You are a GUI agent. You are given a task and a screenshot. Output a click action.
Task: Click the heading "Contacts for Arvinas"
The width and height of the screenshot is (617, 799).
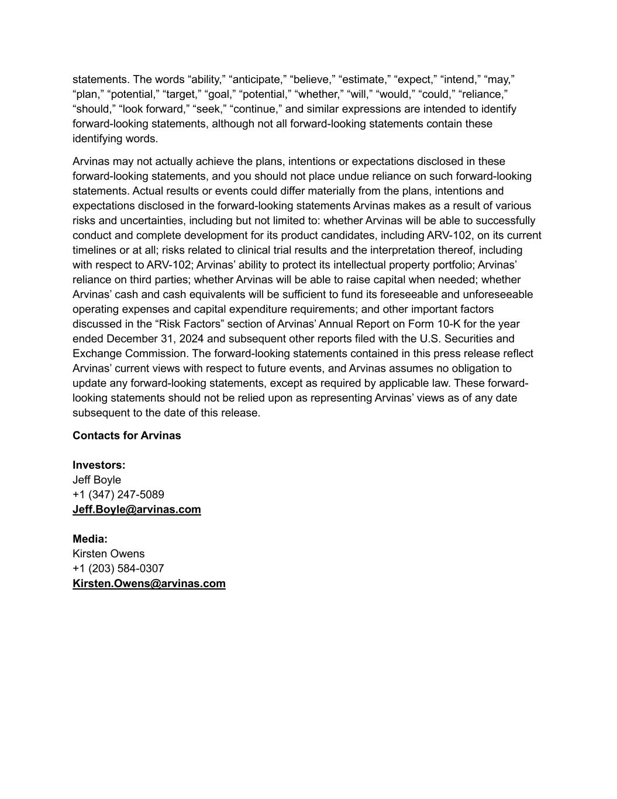pos(126,435)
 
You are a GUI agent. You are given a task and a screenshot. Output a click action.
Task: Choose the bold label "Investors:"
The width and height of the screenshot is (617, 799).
pos(99,465)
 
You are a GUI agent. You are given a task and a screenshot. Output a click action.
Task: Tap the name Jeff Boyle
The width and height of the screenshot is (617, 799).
pos(96,480)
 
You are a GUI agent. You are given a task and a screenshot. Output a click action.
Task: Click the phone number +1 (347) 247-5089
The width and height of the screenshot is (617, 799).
pos(118,495)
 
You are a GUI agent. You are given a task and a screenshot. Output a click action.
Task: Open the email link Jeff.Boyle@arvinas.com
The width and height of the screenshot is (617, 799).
pos(136,509)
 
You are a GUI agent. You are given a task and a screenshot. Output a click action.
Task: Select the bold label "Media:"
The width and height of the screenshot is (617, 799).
pos(90,539)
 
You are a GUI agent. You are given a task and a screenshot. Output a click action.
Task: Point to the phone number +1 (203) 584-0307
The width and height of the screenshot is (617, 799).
pos(118,568)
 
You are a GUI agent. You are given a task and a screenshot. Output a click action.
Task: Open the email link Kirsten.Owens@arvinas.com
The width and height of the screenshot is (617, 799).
pos(149,584)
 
